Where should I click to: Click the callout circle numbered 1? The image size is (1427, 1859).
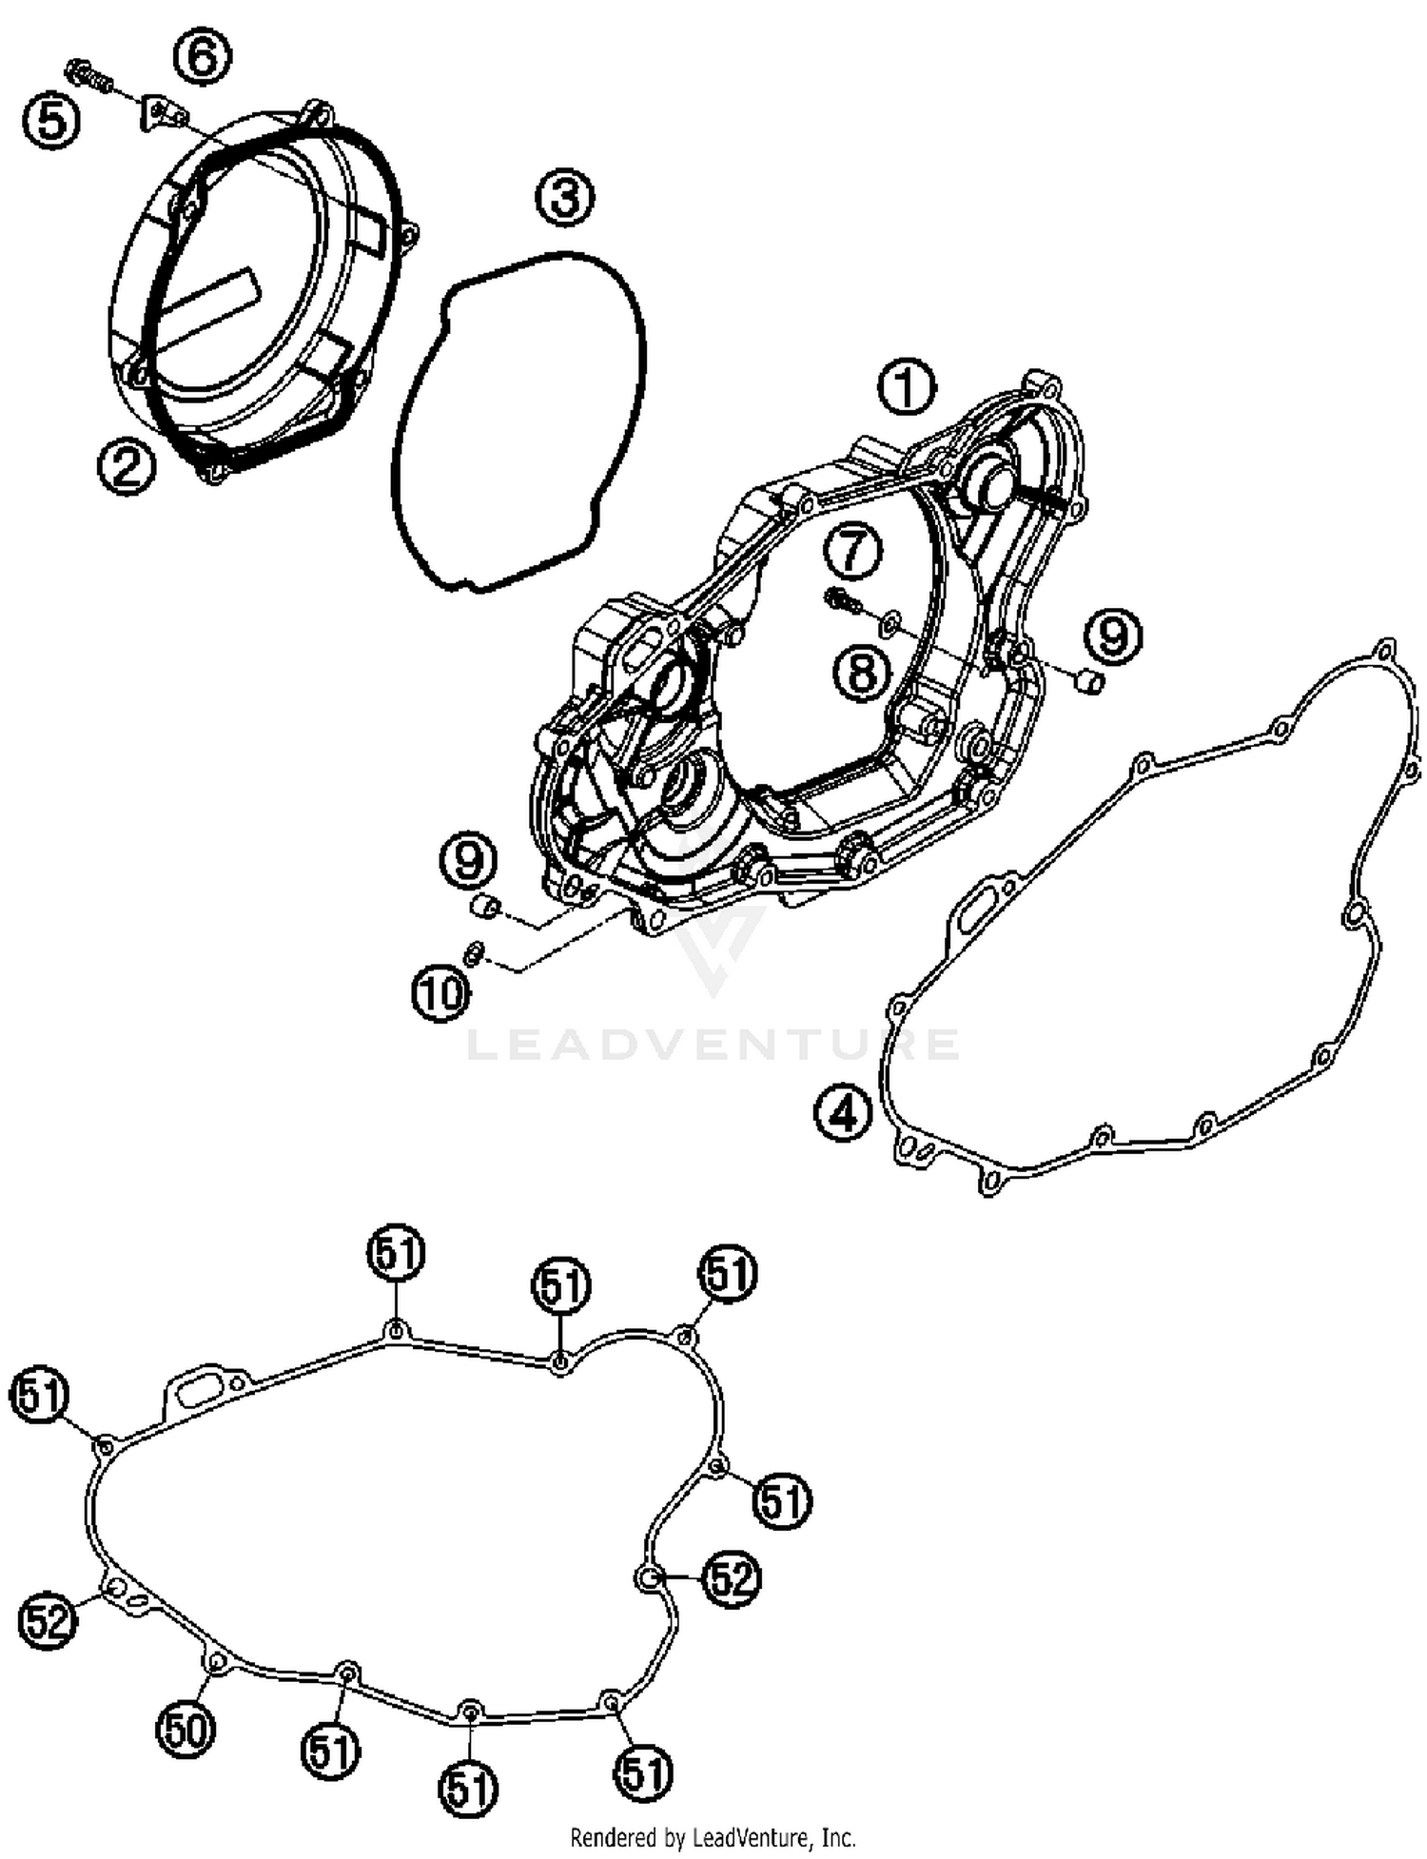(x=905, y=387)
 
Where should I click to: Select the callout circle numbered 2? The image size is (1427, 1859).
(x=126, y=467)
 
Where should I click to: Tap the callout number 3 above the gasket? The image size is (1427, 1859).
(x=563, y=199)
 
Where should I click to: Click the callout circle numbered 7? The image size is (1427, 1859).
(x=852, y=551)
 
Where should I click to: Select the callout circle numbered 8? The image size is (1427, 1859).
(x=862, y=674)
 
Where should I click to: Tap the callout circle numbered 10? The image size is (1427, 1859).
(x=441, y=994)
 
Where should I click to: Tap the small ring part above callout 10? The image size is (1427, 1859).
(x=475, y=952)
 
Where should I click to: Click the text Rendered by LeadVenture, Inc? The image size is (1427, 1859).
(x=713, y=1836)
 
